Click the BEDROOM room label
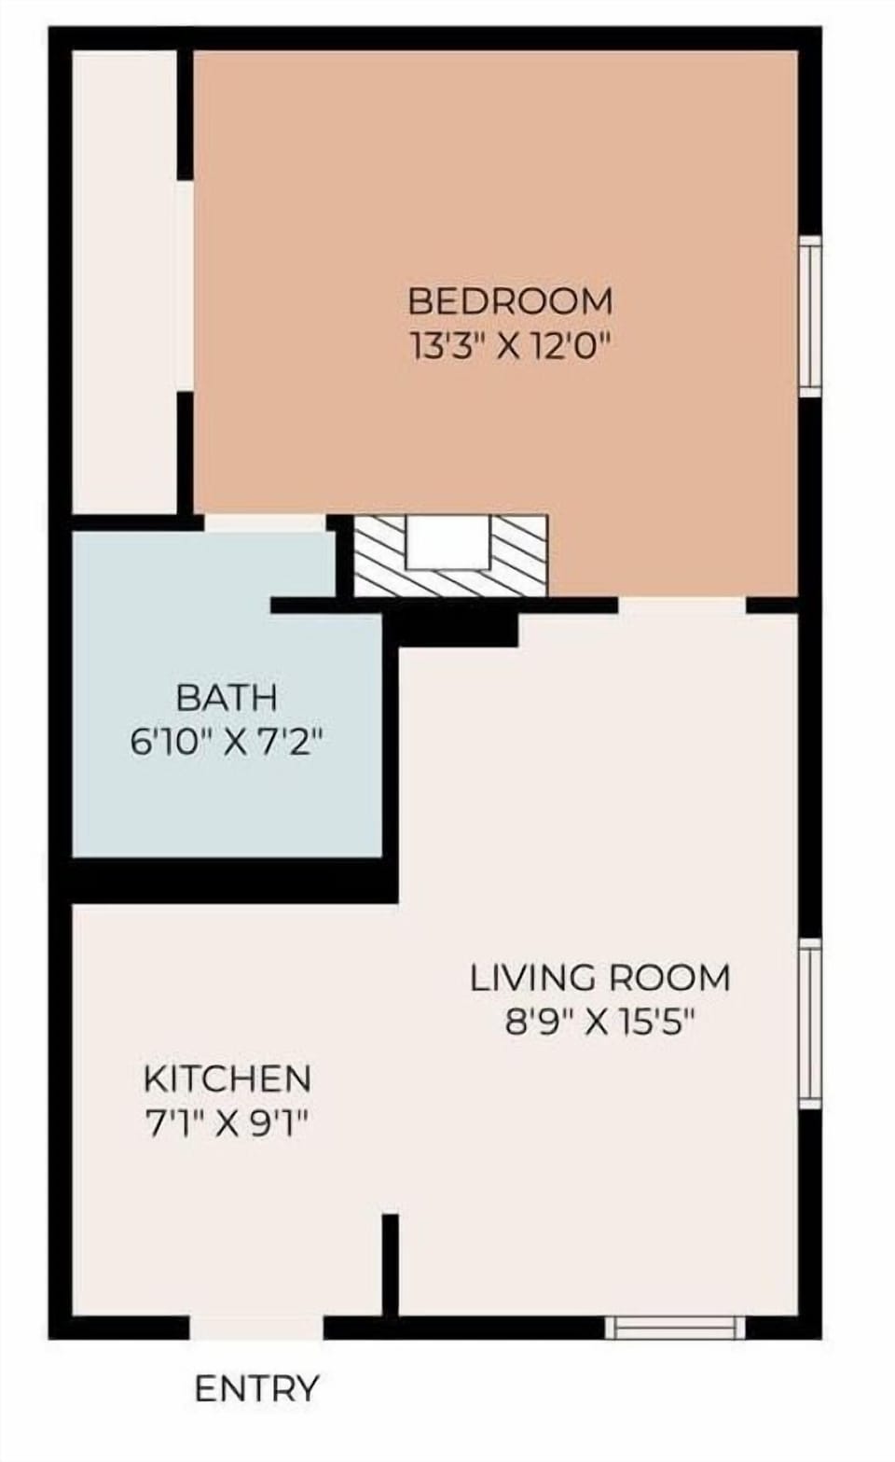coord(510,301)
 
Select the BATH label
coord(227,697)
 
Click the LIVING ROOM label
coord(599,978)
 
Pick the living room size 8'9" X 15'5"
coord(599,1023)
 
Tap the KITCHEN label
coord(227,1079)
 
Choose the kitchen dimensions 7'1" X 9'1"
coord(227,1123)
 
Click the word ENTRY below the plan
coord(256,1388)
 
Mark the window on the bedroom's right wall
coord(810,315)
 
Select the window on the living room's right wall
coord(810,1023)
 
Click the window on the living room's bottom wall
coord(675,1327)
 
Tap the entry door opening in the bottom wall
coord(256,1327)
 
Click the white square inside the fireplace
coord(448,541)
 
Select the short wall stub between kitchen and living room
coord(390,1264)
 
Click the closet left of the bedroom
coord(125,280)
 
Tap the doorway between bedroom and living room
coord(682,605)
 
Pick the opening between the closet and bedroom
coord(186,285)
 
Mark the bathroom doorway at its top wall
coord(265,522)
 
